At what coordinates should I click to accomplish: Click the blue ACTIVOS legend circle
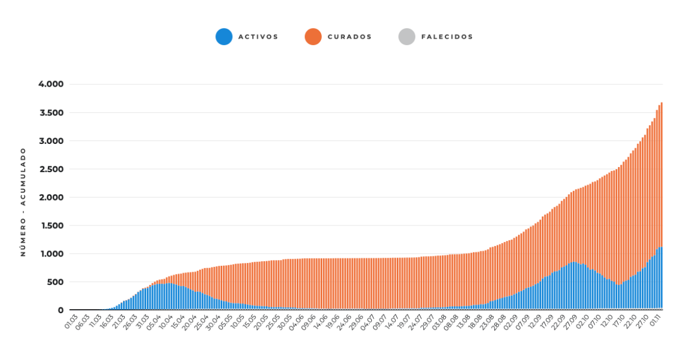(x=224, y=36)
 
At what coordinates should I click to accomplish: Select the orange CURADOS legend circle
(x=313, y=36)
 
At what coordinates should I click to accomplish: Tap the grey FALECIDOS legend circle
(x=407, y=36)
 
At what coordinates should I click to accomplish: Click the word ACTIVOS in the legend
(x=258, y=37)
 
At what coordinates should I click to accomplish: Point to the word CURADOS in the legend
(x=349, y=37)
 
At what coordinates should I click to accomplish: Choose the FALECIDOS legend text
(x=447, y=37)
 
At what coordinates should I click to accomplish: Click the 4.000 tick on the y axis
(x=51, y=84)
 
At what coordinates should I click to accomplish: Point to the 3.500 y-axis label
(x=51, y=113)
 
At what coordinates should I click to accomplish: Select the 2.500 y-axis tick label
(x=51, y=169)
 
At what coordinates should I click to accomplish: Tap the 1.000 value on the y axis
(x=53, y=254)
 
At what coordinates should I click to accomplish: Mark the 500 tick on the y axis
(x=56, y=282)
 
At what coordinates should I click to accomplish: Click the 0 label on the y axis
(x=61, y=310)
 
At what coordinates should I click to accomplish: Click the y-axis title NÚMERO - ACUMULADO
(x=23, y=202)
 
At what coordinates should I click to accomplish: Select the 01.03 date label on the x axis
(x=71, y=322)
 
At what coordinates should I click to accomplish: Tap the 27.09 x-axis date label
(x=571, y=322)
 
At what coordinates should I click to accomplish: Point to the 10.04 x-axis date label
(x=166, y=322)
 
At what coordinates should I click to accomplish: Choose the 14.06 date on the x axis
(x=321, y=322)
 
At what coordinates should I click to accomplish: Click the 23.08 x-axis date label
(x=487, y=322)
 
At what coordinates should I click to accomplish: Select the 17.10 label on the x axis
(x=619, y=322)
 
